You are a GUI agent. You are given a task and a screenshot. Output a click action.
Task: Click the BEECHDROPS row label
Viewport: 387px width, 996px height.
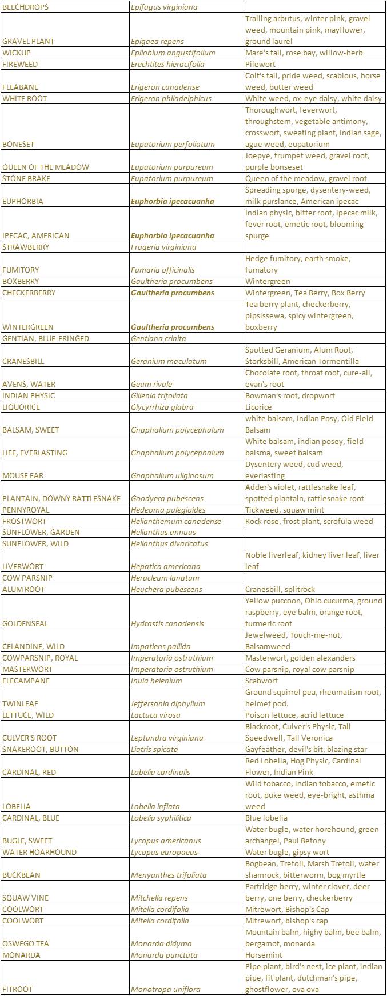pos(26,7)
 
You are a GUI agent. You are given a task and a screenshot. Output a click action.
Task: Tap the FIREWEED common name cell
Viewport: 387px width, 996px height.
pos(21,65)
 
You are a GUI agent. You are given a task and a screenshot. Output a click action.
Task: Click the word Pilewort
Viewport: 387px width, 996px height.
pos(260,65)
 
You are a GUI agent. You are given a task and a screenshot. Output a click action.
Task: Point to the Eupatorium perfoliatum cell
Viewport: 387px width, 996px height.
pos(173,145)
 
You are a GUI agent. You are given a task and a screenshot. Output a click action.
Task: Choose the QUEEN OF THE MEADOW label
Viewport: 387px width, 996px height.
pos(46,167)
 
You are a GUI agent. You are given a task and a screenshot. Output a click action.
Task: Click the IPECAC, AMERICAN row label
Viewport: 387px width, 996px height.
pos(36,236)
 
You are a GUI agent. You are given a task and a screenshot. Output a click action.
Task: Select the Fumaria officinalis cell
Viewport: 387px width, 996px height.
pos(163,270)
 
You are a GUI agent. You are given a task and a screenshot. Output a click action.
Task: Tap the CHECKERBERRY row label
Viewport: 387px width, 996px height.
pos(29,293)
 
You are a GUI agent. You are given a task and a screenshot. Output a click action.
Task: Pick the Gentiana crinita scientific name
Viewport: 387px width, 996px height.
pos(158,339)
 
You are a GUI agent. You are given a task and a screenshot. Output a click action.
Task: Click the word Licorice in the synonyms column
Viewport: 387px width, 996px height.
pos(258,407)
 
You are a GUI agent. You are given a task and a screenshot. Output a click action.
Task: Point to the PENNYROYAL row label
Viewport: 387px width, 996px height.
pos(26,510)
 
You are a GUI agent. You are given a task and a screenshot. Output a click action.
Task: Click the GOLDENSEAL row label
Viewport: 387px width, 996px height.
pos(25,624)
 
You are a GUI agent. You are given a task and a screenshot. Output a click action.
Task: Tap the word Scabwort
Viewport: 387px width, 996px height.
pos(261,681)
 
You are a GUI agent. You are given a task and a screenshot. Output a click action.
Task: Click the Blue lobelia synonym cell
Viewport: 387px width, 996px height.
pos(266,818)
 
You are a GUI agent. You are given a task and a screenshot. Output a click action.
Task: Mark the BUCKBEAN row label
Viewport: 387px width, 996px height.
pos(21,875)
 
